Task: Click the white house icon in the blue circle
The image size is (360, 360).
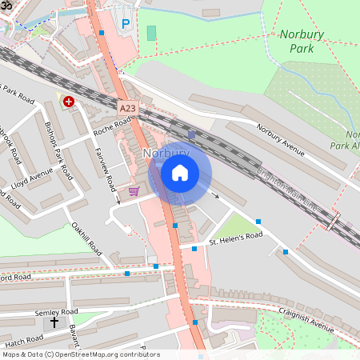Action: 180,172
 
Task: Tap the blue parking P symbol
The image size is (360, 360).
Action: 125,25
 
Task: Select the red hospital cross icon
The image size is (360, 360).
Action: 69,102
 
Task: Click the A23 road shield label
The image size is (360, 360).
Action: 127,106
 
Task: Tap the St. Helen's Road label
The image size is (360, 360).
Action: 236,238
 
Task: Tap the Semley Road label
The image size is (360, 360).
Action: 56,312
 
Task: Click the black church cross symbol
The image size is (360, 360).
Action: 55,323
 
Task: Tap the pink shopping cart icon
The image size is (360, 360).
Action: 134,191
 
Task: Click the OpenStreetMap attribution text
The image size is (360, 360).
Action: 80,354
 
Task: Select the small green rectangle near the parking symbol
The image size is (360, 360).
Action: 151,33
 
